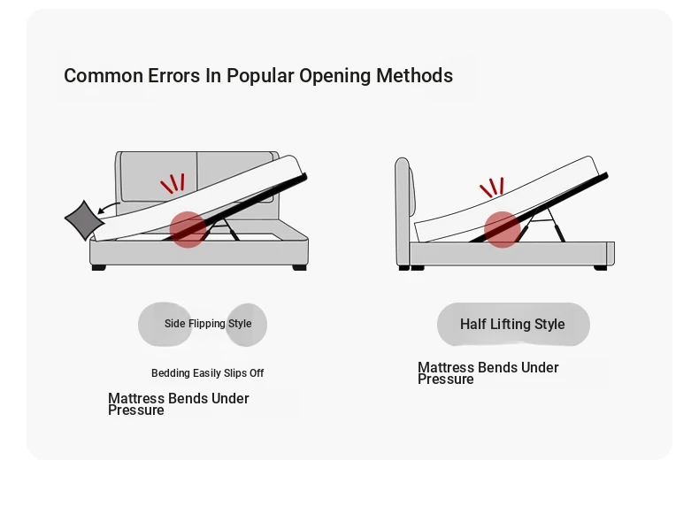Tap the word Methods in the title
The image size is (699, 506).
point(415,75)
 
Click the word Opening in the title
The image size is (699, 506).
point(334,76)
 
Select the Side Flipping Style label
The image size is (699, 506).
point(208,324)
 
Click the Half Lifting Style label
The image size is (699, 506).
point(512,324)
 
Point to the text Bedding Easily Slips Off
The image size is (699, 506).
point(208,373)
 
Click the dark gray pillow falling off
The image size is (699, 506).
point(84,220)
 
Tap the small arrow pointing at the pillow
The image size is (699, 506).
point(108,208)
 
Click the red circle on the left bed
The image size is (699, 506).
point(188,230)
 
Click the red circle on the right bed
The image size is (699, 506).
point(503,230)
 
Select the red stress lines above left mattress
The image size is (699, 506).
point(173,183)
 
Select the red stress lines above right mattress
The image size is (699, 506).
point(492,188)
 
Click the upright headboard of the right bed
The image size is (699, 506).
point(403,211)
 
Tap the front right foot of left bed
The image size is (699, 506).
point(300,267)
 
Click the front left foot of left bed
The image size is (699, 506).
point(98,267)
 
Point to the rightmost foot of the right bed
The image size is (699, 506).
point(601,267)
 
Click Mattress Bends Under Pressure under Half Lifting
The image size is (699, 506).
point(488,373)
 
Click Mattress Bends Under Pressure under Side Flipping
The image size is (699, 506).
point(179,404)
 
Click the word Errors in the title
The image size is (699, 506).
point(173,75)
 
